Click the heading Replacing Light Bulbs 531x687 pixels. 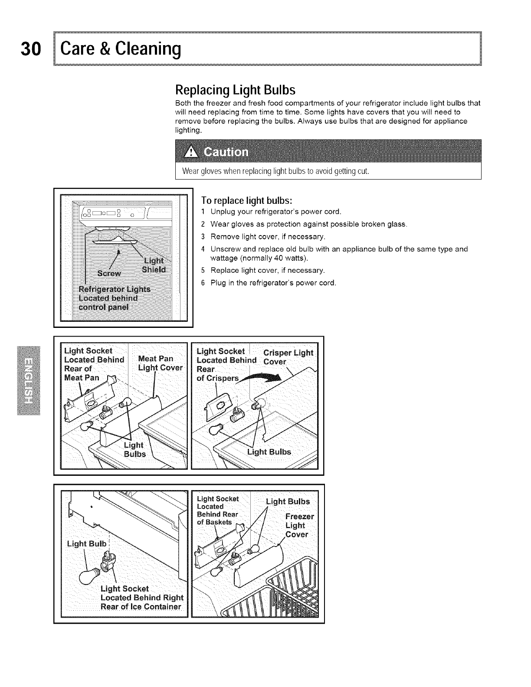[x=235, y=90]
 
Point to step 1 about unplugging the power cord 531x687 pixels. [x=275, y=212]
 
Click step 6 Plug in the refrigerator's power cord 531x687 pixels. [x=273, y=283]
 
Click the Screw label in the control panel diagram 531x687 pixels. [x=109, y=273]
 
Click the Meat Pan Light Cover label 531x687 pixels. [x=160, y=363]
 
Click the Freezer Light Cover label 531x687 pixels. [x=299, y=525]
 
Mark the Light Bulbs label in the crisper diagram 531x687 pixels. [x=269, y=452]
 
